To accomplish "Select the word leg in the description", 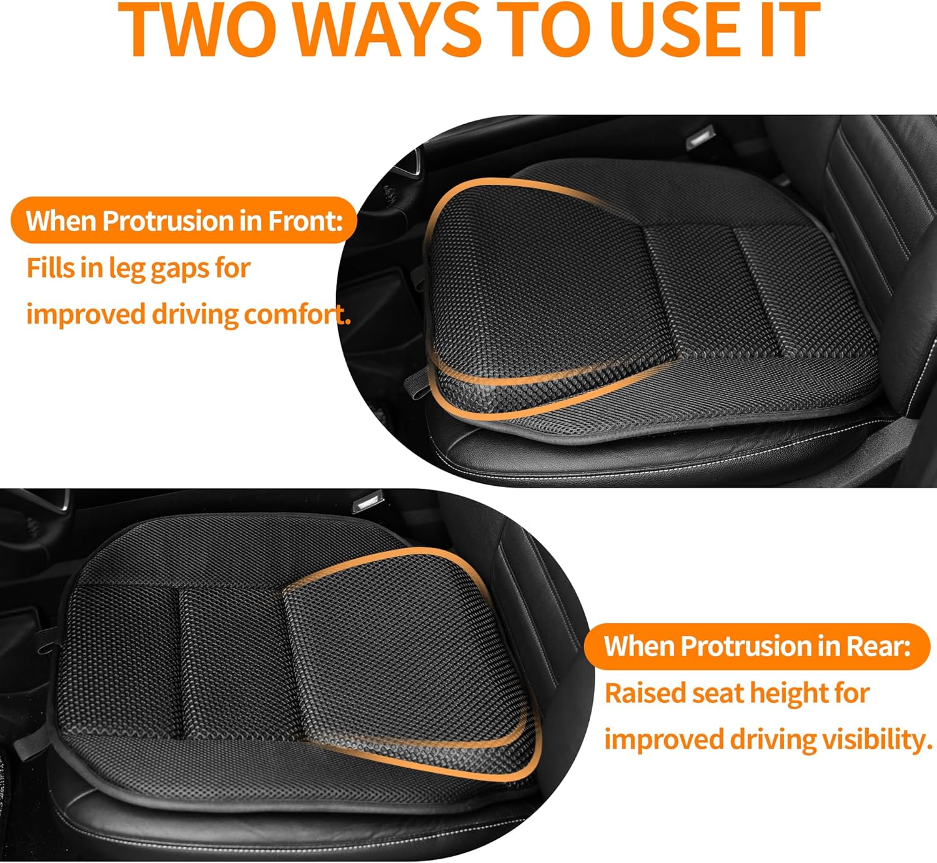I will pos(127,269).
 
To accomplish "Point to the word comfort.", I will pos(297,314).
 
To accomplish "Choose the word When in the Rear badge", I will pos(638,646).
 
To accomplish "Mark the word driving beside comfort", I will pos(196,314).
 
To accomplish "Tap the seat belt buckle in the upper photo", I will pos(700,137).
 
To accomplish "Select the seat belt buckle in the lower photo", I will pos(365,503).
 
